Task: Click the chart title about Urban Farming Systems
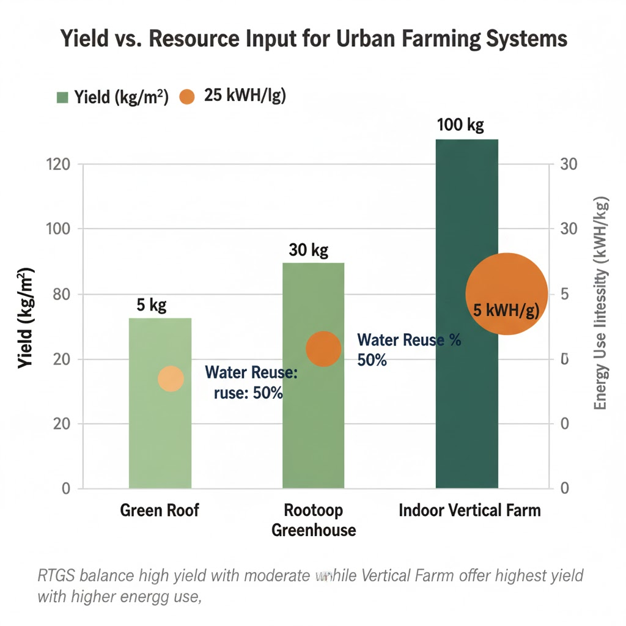coord(312,39)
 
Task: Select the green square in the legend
coord(62,97)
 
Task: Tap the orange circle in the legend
coord(186,97)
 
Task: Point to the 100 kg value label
coord(460,125)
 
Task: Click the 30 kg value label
coord(308,250)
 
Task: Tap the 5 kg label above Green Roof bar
coord(152,305)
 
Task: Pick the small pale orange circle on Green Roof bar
coord(171,379)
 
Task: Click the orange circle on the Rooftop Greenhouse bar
coord(323,348)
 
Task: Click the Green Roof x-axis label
coord(160,510)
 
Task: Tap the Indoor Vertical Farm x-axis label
coord(469,510)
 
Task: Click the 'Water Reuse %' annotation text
coord(409,341)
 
